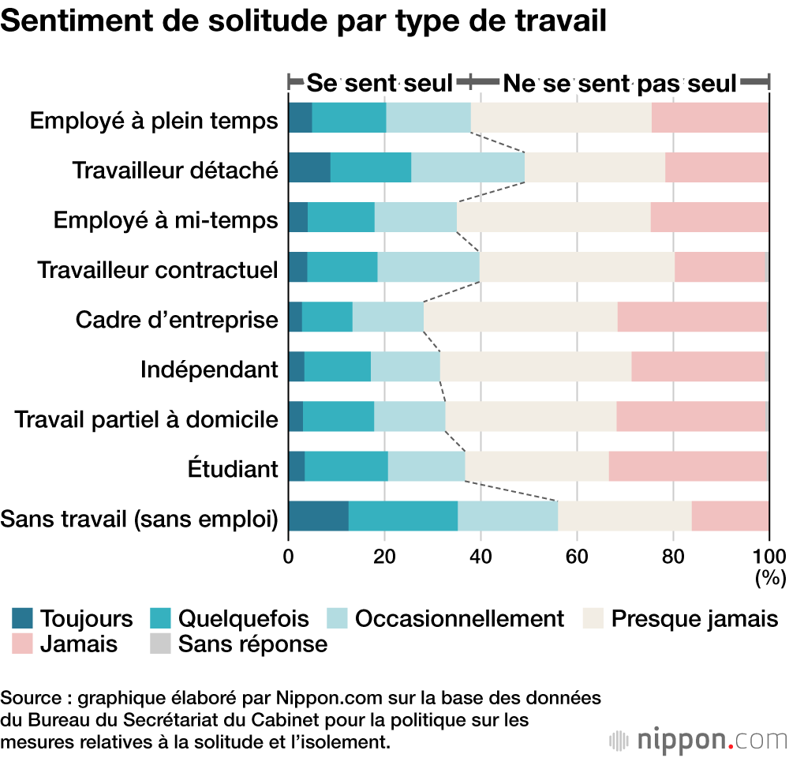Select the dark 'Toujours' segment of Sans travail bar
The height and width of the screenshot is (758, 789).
point(319,516)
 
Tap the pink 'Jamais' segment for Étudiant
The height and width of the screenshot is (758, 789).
point(688,467)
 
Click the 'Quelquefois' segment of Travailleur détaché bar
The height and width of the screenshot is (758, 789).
point(371,168)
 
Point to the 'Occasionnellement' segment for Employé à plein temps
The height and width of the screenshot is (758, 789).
point(428,118)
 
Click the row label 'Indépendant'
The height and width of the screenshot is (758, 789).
point(209,369)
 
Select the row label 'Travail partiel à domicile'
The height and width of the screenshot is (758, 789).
point(147,418)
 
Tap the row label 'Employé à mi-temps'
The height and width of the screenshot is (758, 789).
point(166,220)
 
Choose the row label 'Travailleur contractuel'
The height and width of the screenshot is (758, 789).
point(158,270)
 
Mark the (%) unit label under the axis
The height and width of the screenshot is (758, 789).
point(770,578)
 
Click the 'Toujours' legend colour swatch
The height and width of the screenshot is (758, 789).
point(23,618)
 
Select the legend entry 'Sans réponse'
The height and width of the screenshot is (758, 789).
point(252,644)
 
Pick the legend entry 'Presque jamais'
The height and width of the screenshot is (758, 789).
point(695,618)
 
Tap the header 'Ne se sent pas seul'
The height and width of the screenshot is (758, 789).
point(619,82)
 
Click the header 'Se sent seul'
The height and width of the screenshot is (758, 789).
point(380,82)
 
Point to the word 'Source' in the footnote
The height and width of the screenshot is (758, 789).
point(28,698)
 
